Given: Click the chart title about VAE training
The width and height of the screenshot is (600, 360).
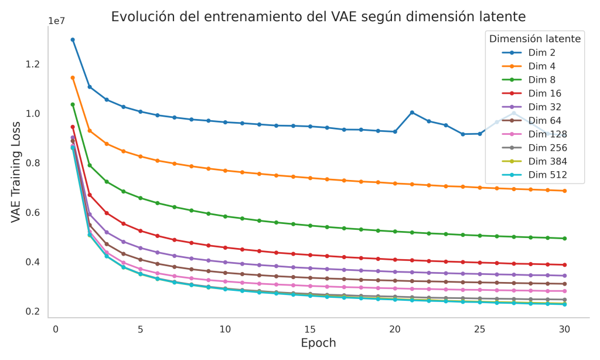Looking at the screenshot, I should (318, 16).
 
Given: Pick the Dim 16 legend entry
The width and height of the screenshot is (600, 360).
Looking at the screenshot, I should (544, 93).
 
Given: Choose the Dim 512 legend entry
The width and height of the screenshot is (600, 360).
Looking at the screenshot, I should (547, 174).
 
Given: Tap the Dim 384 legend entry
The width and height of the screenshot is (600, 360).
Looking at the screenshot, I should (547, 161).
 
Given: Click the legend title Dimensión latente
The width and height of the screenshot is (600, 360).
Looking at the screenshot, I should (535, 39).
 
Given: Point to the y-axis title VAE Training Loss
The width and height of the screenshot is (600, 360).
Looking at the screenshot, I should (16, 172).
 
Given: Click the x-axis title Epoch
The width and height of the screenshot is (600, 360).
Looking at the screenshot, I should (318, 343).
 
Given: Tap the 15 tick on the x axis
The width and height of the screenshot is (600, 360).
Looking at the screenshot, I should (310, 329).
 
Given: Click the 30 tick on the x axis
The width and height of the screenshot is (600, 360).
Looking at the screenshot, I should (564, 329).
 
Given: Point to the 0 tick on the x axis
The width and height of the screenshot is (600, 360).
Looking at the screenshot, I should (56, 329).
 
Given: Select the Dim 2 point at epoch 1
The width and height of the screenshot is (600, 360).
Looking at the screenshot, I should (73, 40).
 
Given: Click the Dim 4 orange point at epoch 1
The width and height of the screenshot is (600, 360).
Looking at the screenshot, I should (73, 77).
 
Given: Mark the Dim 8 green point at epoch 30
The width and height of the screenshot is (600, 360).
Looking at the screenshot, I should (564, 239).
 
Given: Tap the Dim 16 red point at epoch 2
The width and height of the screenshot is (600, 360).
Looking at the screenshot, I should (90, 195).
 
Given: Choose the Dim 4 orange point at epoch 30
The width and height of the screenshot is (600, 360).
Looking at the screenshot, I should (564, 191).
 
